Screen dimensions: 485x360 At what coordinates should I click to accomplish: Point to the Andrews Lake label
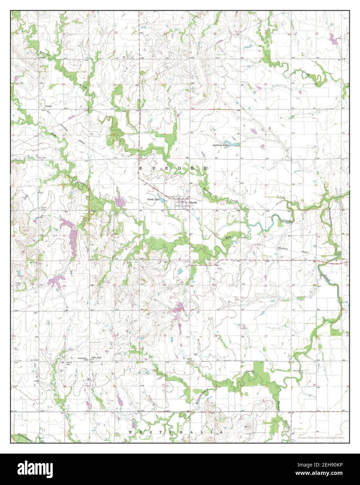[221, 145]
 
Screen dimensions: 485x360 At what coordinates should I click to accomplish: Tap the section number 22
[266, 285]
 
